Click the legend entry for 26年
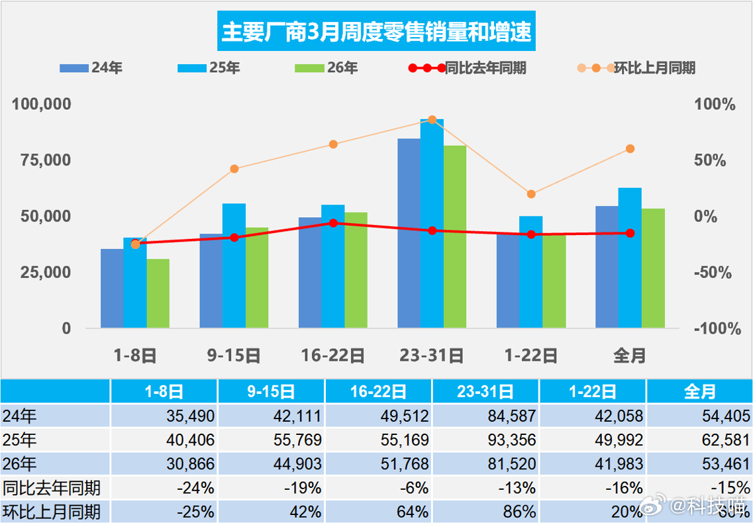pos(325,68)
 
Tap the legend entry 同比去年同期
pos(468,68)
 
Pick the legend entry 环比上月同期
pos(636,68)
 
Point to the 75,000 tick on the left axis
pos(42,161)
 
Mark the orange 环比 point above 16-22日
pos(333,144)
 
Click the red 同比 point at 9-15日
pos(234,238)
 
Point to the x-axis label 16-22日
pos(333,356)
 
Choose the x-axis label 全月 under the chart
pos(630,356)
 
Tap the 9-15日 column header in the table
pos(271,391)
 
